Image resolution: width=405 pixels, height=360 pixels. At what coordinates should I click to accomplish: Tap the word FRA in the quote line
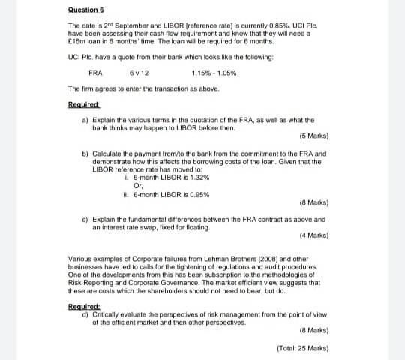click(95, 73)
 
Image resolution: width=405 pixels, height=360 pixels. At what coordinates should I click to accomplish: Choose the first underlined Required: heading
click(84, 103)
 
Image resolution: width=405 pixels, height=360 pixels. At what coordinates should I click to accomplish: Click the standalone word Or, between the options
click(137, 186)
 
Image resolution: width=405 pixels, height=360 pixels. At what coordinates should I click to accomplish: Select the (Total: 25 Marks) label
click(303, 347)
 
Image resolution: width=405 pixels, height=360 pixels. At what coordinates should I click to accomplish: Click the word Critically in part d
click(105, 313)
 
